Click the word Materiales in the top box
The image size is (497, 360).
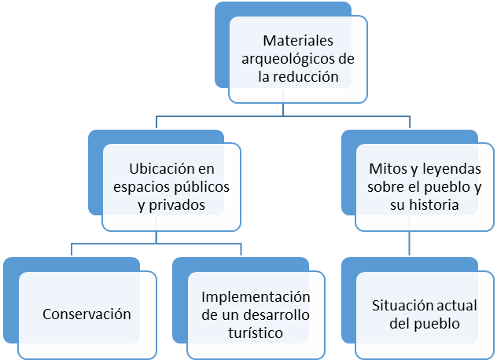pos(299,40)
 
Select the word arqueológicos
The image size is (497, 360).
pos(289,59)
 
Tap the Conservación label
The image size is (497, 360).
pos(86,314)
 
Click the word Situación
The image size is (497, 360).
pos(400,307)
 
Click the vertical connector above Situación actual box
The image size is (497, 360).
pos(409,243)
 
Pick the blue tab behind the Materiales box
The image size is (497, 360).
pos(223,47)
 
